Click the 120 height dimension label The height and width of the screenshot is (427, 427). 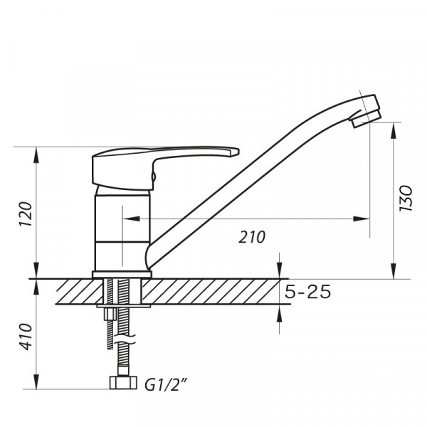pos(24,213)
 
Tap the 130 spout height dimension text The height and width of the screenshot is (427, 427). pos(406,200)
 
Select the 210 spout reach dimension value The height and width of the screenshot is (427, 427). pos(253,237)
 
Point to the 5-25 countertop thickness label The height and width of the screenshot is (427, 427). pos(309,292)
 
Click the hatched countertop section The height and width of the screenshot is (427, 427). pos(213,292)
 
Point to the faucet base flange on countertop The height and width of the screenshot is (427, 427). pos(122,274)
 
